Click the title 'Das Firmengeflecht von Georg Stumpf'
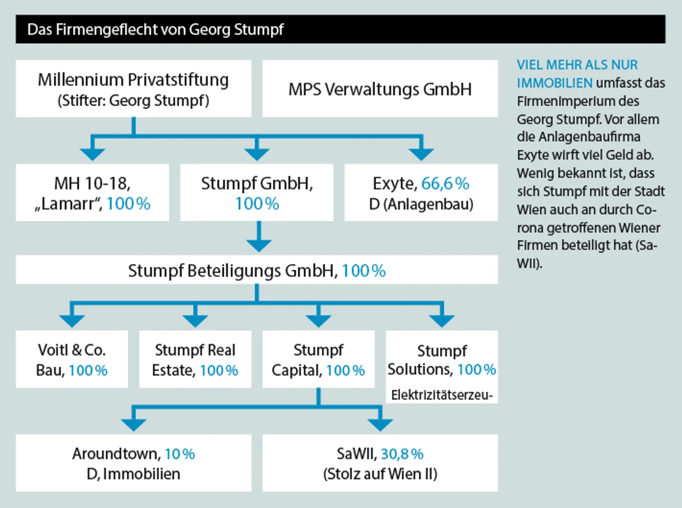click(155, 29)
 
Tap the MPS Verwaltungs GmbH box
click(380, 89)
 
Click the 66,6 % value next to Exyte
click(445, 184)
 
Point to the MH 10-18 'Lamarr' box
click(92, 193)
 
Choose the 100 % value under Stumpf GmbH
click(257, 204)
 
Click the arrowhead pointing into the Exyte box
click(421, 154)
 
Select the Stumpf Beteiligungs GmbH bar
click(256, 271)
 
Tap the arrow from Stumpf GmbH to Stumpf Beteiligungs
click(258, 236)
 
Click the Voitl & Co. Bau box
click(72, 359)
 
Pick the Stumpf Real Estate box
click(195, 359)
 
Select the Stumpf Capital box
click(318, 359)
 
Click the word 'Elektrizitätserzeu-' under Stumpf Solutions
click(442, 395)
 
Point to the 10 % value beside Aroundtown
click(180, 454)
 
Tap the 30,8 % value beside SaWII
click(402, 454)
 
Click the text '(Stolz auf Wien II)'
click(380, 474)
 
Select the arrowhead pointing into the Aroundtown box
click(133, 424)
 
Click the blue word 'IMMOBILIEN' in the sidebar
click(554, 83)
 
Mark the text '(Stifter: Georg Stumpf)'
click(133, 100)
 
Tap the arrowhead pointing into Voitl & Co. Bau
click(72, 320)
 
